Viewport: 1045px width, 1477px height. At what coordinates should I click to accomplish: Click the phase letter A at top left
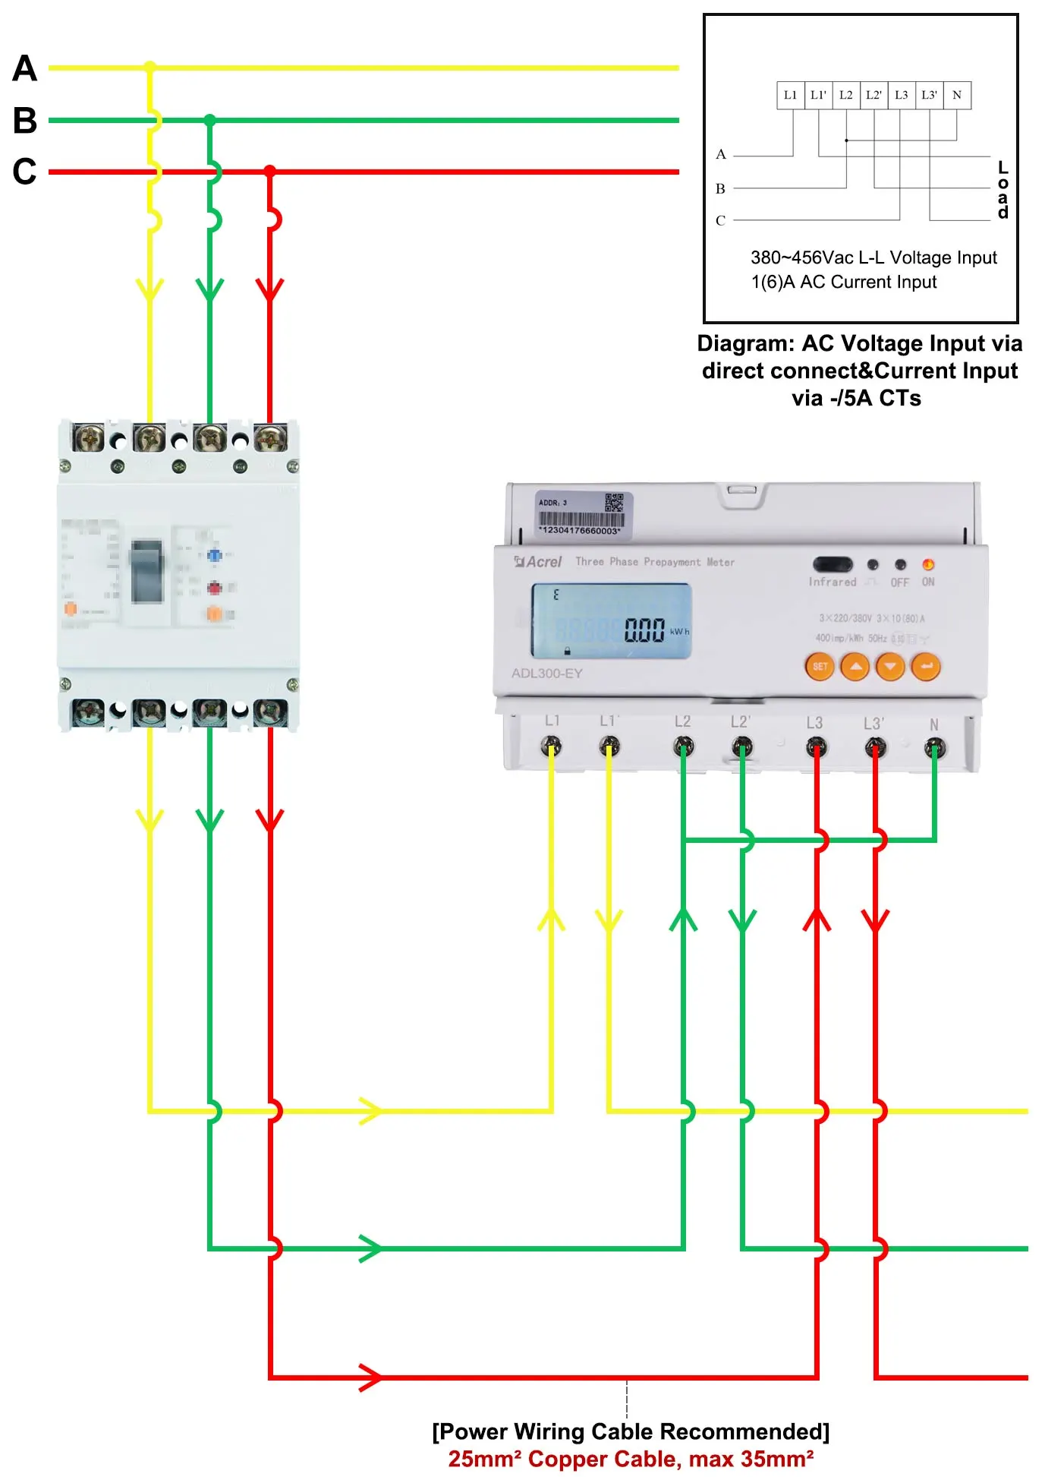(25, 68)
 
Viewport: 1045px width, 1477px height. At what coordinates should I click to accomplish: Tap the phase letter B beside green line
(25, 120)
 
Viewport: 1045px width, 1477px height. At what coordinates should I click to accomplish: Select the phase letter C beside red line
(25, 172)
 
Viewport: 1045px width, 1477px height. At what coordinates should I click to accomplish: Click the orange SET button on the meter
(820, 667)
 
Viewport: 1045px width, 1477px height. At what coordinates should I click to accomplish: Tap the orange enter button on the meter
(926, 667)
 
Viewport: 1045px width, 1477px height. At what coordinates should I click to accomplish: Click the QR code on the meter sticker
(613, 503)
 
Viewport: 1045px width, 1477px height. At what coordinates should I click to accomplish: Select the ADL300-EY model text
(547, 674)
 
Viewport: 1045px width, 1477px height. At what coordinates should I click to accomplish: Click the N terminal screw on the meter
(934, 749)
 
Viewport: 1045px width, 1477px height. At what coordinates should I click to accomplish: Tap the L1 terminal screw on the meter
(551, 747)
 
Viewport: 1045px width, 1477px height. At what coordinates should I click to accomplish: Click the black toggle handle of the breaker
(147, 571)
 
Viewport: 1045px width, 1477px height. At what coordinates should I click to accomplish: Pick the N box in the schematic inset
(957, 95)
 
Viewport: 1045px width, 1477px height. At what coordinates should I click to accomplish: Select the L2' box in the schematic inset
(873, 95)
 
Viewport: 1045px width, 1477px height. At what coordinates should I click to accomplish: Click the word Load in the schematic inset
(1003, 190)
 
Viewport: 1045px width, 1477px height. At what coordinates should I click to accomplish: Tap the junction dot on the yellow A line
(150, 68)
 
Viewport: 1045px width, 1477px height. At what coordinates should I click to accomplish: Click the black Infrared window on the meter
(833, 564)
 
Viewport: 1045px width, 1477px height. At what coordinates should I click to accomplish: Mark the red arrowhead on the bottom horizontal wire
(370, 1377)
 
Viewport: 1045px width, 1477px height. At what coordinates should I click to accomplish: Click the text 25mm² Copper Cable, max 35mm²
(631, 1459)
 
